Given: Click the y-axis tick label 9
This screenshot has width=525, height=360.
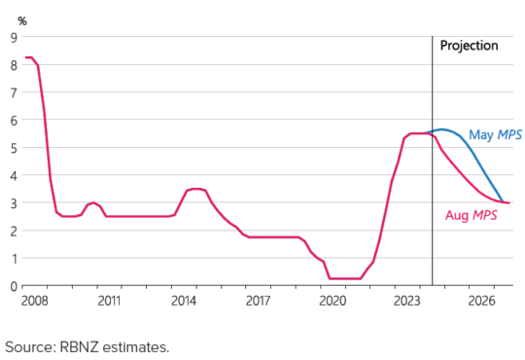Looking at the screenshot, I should coord(14,38).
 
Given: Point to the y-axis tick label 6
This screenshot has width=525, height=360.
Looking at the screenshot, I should coord(14,121).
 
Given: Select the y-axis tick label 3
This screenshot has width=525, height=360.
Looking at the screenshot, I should coord(14,203).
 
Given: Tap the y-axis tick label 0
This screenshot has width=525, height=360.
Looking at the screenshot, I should coord(14,286).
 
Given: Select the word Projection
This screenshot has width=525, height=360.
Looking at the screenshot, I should coord(469,46).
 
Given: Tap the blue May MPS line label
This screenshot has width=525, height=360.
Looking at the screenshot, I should coord(495,135).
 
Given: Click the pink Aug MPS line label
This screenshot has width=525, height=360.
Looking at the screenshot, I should coord(472,215).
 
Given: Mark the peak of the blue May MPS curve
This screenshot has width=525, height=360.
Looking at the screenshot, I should coord(442,129).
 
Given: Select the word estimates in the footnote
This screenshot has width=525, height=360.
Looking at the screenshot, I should coord(142,346).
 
